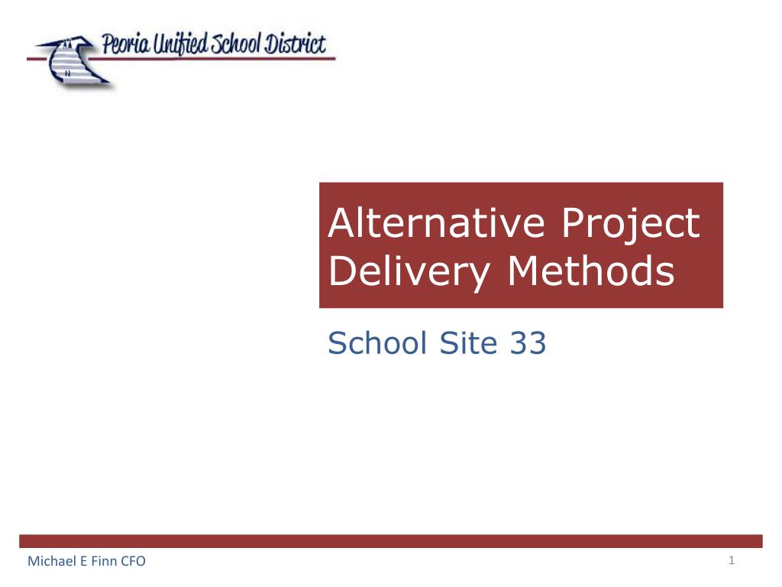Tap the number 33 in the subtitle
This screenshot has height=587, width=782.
pos(526,345)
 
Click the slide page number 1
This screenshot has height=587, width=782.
pos(731,562)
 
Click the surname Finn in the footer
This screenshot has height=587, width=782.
pos(100,563)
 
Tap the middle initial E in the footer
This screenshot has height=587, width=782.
pos(80,563)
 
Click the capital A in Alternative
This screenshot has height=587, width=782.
pos(339,224)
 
